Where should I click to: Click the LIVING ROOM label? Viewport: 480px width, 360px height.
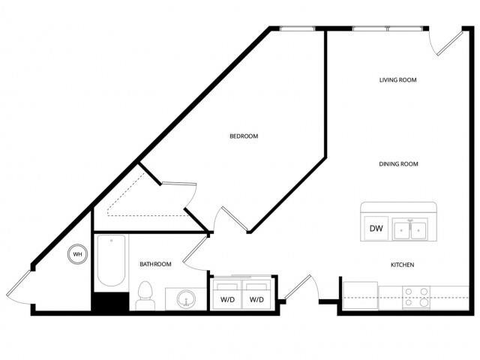click(x=397, y=79)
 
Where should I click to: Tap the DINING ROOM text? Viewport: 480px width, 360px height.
click(x=397, y=163)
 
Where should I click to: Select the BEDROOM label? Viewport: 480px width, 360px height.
click(x=244, y=136)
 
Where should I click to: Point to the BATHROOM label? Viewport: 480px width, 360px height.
click(x=155, y=264)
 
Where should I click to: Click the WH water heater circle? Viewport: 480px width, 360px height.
click(x=77, y=254)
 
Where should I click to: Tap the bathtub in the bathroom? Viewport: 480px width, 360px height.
click(x=111, y=262)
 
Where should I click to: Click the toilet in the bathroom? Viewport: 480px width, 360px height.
click(x=145, y=295)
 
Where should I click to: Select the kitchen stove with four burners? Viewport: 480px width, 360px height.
click(x=415, y=298)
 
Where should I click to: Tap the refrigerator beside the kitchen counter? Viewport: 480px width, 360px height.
click(x=359, y=294)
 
